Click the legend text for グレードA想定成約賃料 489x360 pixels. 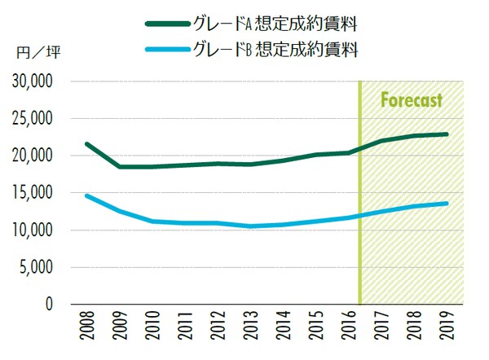pos(276,22)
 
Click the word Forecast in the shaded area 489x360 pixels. pos(412,101)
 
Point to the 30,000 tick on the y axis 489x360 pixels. pos(33,81)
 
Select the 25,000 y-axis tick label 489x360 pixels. pos(33,119)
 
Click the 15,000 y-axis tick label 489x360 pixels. pos(33,193)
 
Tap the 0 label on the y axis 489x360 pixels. pos(51,304)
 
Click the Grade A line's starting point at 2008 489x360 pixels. pos(86,144)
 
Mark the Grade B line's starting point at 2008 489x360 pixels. pos(86,195)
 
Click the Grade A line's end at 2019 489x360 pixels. pos(447,134)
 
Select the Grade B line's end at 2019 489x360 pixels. pos(447,204)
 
